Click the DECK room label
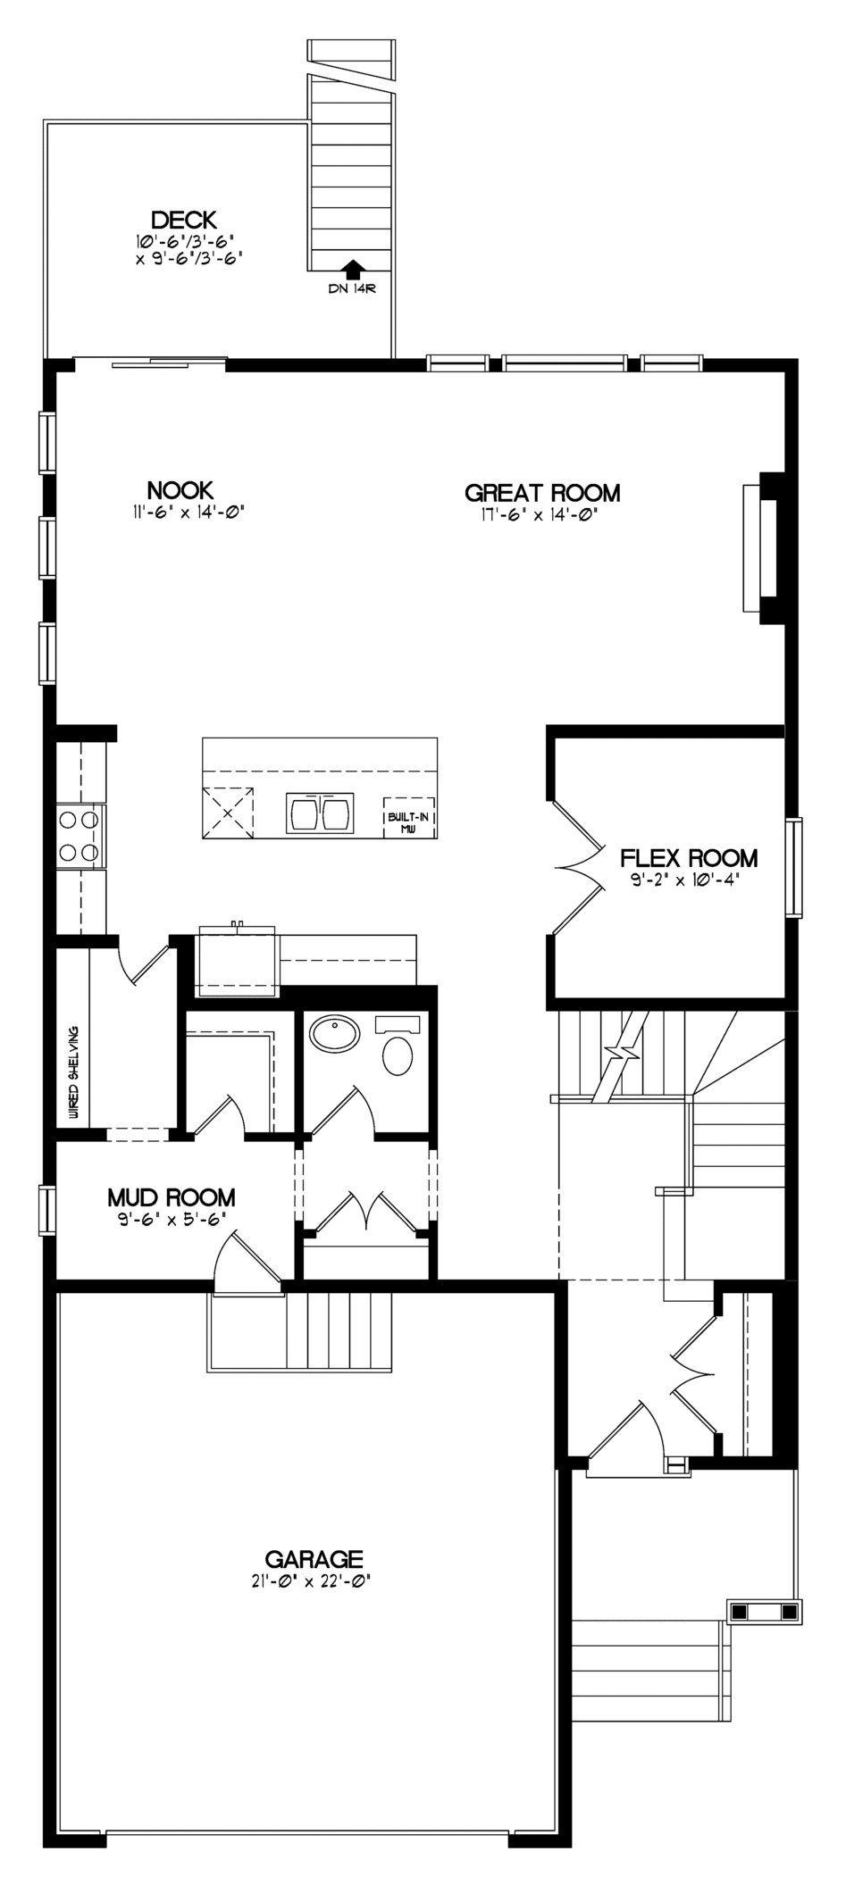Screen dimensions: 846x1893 183,220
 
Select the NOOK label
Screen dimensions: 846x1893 180,490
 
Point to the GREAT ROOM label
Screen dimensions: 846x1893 542,493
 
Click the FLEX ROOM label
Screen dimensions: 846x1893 689,859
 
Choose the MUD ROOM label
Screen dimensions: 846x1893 172,1197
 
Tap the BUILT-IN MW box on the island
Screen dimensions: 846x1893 409,817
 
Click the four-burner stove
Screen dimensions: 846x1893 79,836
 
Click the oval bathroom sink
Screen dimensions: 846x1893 335,1035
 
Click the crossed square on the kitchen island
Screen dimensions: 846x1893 228,813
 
